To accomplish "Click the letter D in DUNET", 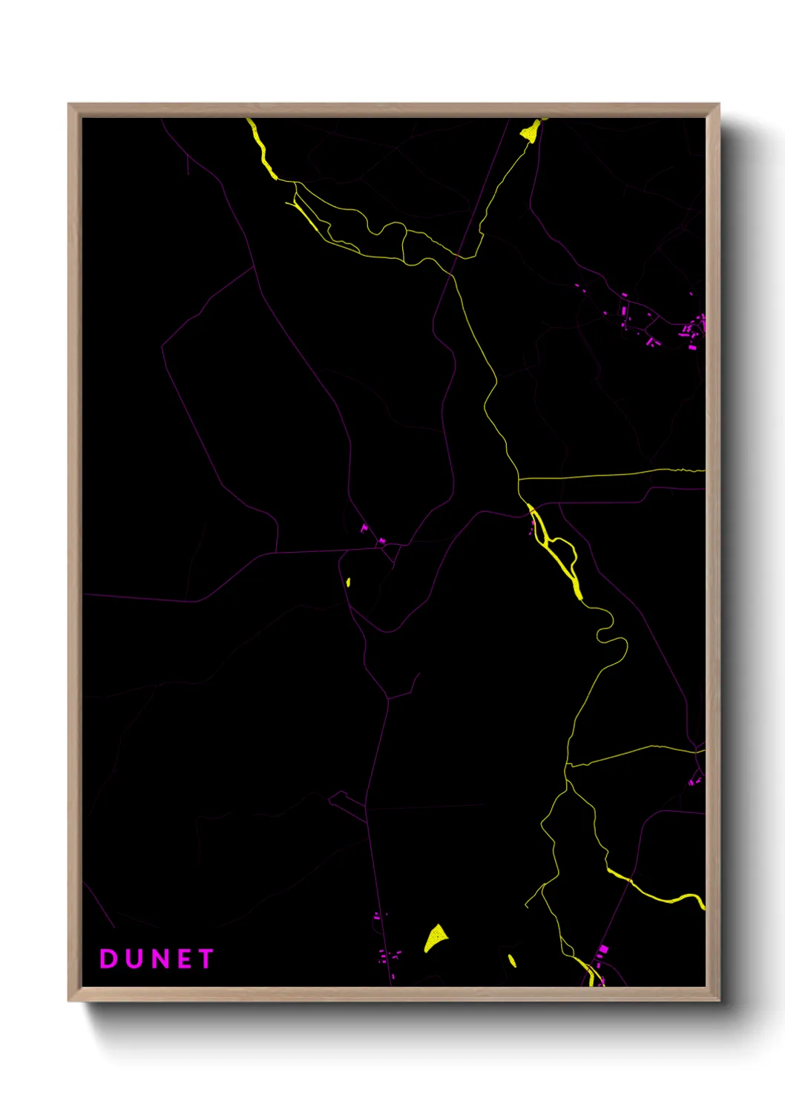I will click(108, 959).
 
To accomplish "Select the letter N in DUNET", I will click(159, 959).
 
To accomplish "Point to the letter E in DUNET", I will click(184, 959).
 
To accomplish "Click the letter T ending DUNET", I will click(206, 959).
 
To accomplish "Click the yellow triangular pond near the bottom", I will click(436, 938).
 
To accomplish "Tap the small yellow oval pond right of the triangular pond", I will click(512, 961).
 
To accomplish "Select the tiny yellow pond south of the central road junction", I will click(348, 582).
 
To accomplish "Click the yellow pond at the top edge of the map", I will click(531, 131).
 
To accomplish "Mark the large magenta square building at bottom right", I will click(602, 949).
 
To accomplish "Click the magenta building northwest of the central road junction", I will click(364, 528).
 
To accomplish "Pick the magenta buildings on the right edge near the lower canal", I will click(694, 780).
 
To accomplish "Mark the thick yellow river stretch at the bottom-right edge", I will click(668, 898).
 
